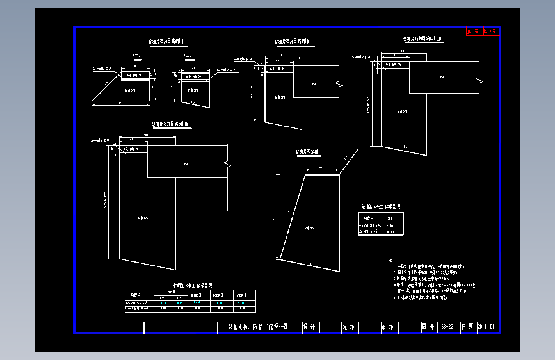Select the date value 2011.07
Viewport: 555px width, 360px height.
487,327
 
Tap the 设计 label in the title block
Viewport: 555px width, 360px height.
309,327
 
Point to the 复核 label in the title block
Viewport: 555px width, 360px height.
348,327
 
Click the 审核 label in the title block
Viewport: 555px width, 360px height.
388,327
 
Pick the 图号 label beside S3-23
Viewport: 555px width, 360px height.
428,327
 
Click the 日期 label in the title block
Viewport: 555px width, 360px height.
467,327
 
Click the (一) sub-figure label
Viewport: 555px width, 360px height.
136,56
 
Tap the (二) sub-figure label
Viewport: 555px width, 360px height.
188,56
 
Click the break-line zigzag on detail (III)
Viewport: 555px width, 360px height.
478,79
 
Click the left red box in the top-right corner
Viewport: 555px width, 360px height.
474,30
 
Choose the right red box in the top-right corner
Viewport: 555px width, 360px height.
490,30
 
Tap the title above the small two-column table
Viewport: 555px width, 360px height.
381,207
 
